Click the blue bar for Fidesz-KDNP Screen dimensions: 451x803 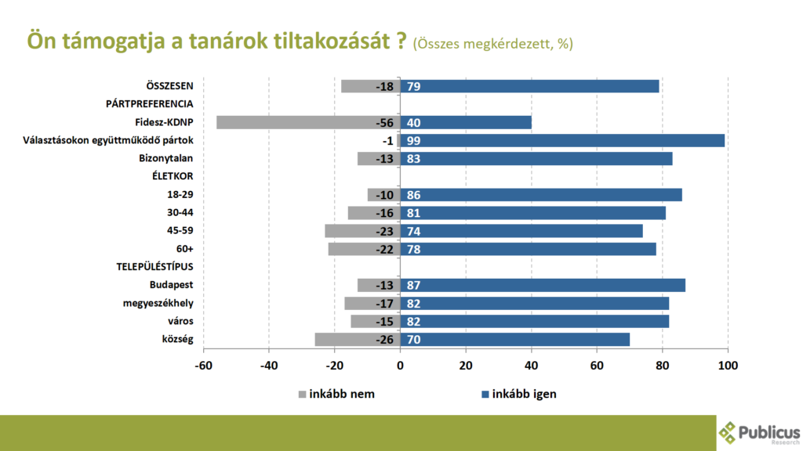click(466, 122)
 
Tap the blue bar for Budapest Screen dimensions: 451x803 click(543, 285)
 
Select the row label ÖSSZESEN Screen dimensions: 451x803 click(169, 86)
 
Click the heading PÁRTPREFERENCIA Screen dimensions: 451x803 click(150, 104)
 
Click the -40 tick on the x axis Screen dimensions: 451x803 click(268, 366)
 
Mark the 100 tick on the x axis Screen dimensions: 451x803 click(728, 366)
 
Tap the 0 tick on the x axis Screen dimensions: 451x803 click(400, 366)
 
